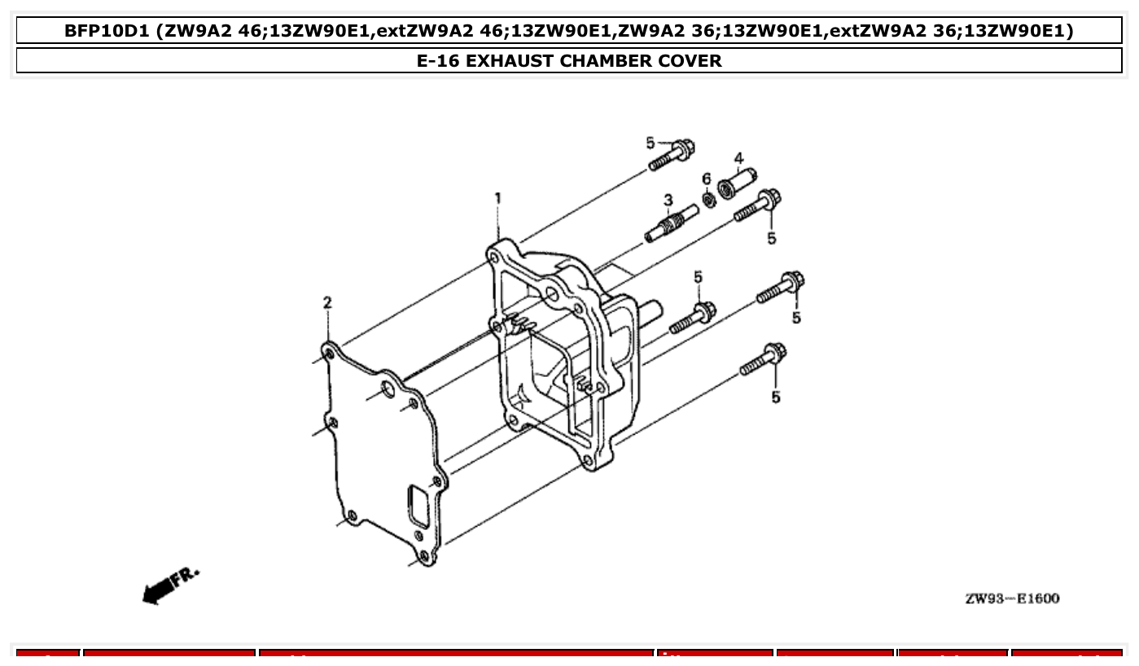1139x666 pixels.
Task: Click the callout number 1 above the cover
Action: [x=497, y=198]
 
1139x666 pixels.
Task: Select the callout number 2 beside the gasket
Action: [x=327, y=303]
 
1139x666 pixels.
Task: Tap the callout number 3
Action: [x=668, y=199]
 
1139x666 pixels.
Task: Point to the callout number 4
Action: [x=738, y=158]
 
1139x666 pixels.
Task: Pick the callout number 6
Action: [x=706, y=178]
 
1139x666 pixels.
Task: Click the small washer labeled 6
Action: [x=710, y=198]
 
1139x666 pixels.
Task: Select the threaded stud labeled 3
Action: [x=672, y=223]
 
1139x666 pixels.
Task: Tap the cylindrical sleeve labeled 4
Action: [x=736, y=182]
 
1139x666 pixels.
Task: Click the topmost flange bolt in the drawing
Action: [x=672, y=155]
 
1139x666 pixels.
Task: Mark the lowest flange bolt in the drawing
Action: [x=764, y=360]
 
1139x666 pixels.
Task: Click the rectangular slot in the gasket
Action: [x=418, y=506]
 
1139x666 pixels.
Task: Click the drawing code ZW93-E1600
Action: [x=1012, y=599]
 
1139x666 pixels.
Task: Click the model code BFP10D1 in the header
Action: [x=108, y=32]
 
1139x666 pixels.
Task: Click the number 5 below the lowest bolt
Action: [x=776, y=397]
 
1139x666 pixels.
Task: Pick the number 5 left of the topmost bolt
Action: [x=651, y=143]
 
